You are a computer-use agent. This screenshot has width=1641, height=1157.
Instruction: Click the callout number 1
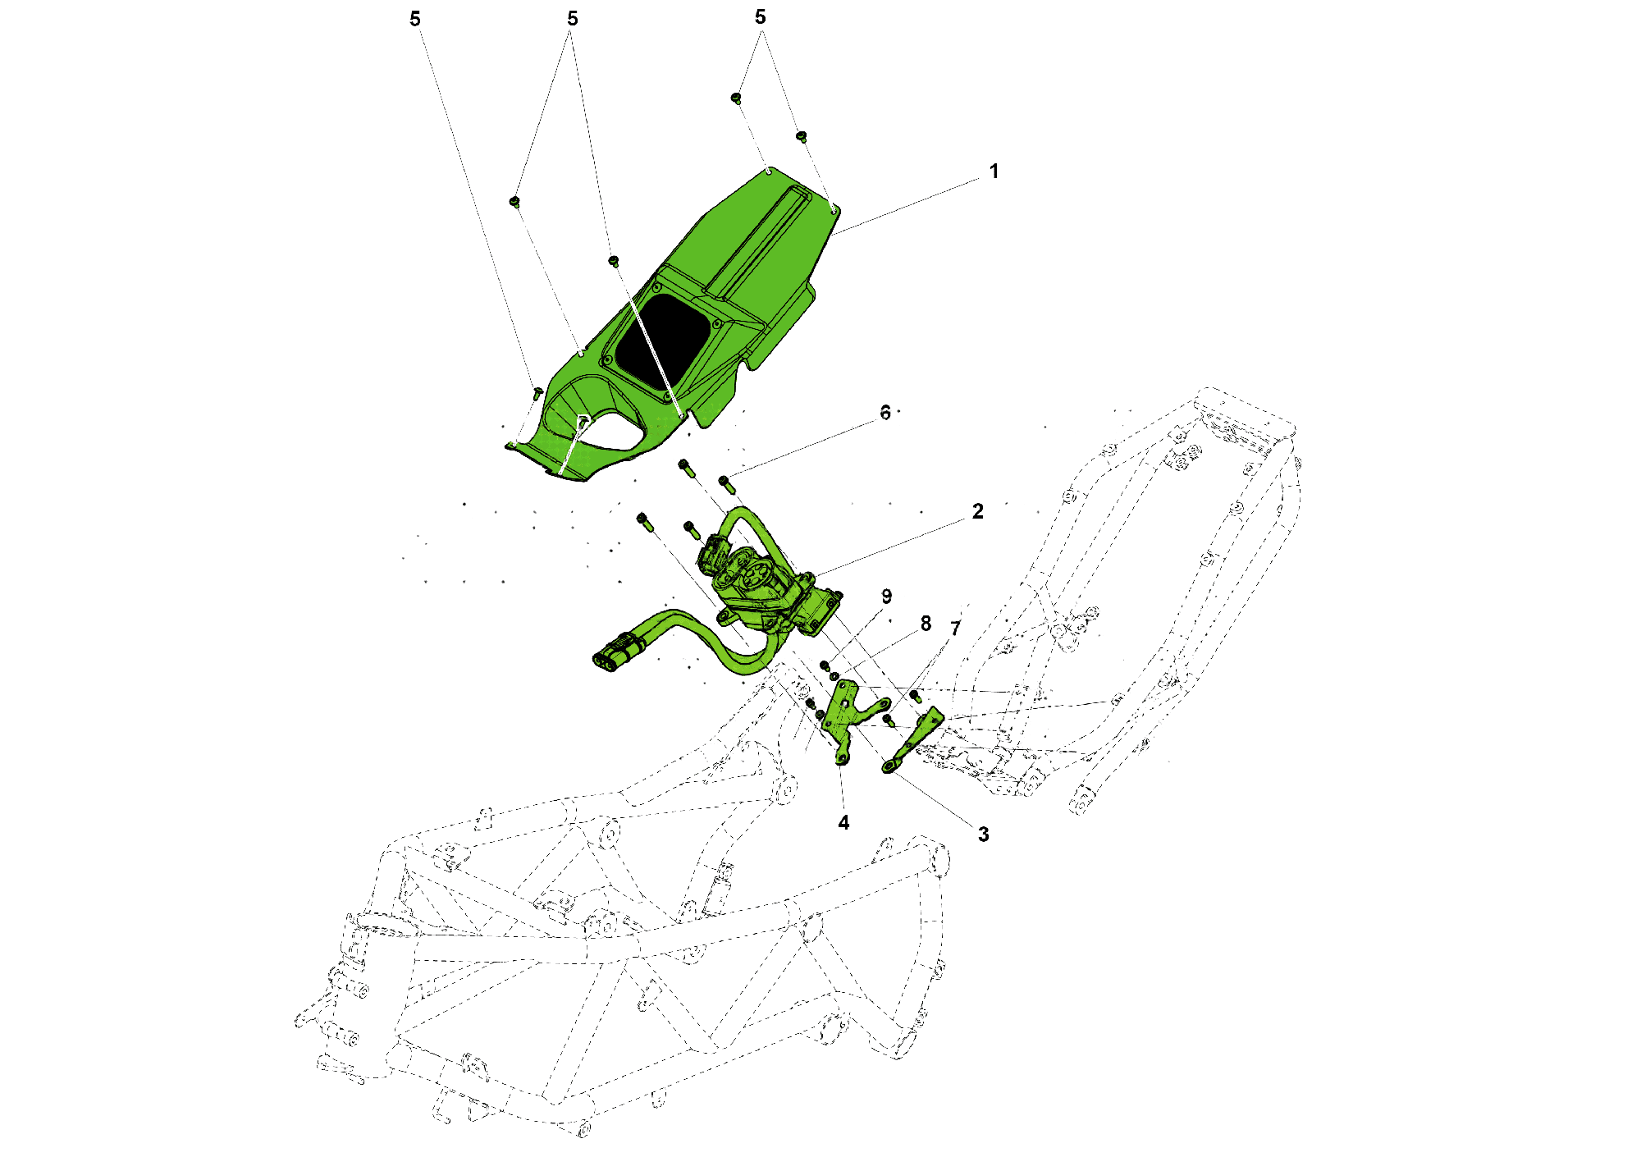coord(994,171)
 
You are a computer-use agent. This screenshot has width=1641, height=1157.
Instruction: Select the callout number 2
coord(977,511)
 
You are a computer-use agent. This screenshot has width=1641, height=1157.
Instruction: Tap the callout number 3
coord(983,835)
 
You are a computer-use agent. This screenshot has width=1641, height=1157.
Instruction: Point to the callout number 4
coord(843,822)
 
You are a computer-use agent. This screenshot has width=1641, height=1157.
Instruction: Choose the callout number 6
coord(884,413)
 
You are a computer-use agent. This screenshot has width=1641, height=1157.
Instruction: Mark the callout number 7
coord(955,629)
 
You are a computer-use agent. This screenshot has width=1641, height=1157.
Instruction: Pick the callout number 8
coord(926,624)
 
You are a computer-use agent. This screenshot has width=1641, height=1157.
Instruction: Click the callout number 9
coord(886,597)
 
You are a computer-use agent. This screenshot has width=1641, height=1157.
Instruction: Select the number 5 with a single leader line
coord(415,19)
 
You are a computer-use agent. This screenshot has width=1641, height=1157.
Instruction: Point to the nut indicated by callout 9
coord(825,665)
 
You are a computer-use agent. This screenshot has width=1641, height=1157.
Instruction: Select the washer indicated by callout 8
coord(834,676)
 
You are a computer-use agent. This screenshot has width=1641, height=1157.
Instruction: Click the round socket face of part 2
coord(752,575)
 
